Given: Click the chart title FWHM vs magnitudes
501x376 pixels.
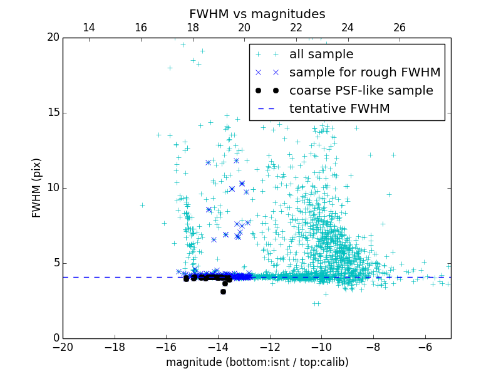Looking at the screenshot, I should (x=257, y=14).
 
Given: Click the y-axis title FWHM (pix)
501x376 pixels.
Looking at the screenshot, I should (x=37, y=188).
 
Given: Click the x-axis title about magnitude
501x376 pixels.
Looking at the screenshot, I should (x=257, y=362).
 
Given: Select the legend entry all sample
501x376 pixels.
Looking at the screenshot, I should (x=321, y=55).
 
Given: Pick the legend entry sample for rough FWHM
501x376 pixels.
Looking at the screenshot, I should (x=364, y=73).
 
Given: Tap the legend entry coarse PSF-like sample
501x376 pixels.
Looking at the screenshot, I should (x=361, y=91).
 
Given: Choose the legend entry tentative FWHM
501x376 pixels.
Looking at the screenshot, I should (x=339, y=109).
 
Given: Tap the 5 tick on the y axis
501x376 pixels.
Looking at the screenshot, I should (x=55, y=263).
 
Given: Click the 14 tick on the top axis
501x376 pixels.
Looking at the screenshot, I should (x=89, y=28).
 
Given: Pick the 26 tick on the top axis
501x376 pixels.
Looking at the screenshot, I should (x=400, y=28).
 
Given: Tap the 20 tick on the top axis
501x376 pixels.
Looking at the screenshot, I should (x=244, y=28).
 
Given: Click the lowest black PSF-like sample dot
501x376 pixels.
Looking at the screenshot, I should (x=223, y=291).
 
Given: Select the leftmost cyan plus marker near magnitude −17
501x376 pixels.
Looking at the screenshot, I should (x=142, y=205).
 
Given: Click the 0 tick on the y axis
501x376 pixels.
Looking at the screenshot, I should (x=55, y=338).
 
